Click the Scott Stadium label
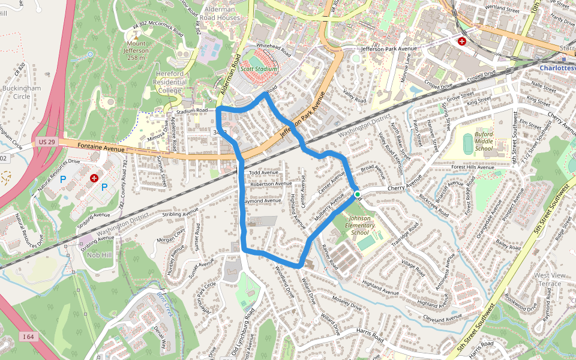[x=259, y=69]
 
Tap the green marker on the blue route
[x=358, y=194]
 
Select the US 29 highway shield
[x=42, y=141]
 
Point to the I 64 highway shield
[x=28, y=337]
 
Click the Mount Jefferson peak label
[x=137, y=50]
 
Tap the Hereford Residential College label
[x=170, y=82]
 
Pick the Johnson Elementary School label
[x=360, y=226]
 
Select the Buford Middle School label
[x=484, y=141]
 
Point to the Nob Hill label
[x=98, y=255]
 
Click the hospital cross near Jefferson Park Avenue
[x=462, y=41]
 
